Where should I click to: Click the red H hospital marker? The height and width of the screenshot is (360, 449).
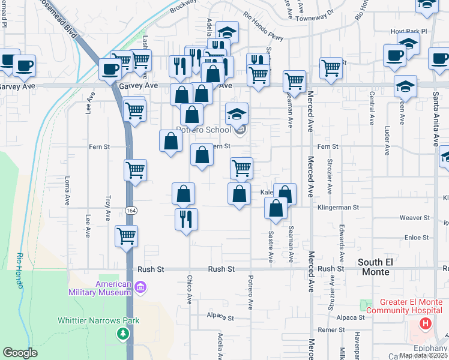click(426, 324)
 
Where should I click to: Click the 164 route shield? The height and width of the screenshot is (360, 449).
click(130, 209)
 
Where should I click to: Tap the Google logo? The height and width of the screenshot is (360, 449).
click(20, 353)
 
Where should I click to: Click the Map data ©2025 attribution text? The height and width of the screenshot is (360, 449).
click(423, 355)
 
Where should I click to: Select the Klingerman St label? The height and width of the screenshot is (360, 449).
click(338, 207)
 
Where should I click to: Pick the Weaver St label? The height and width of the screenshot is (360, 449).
click(415, 218)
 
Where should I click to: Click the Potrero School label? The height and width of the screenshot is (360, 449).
click(203, 130)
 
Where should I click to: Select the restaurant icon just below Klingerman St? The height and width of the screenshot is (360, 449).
click(186, 218)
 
